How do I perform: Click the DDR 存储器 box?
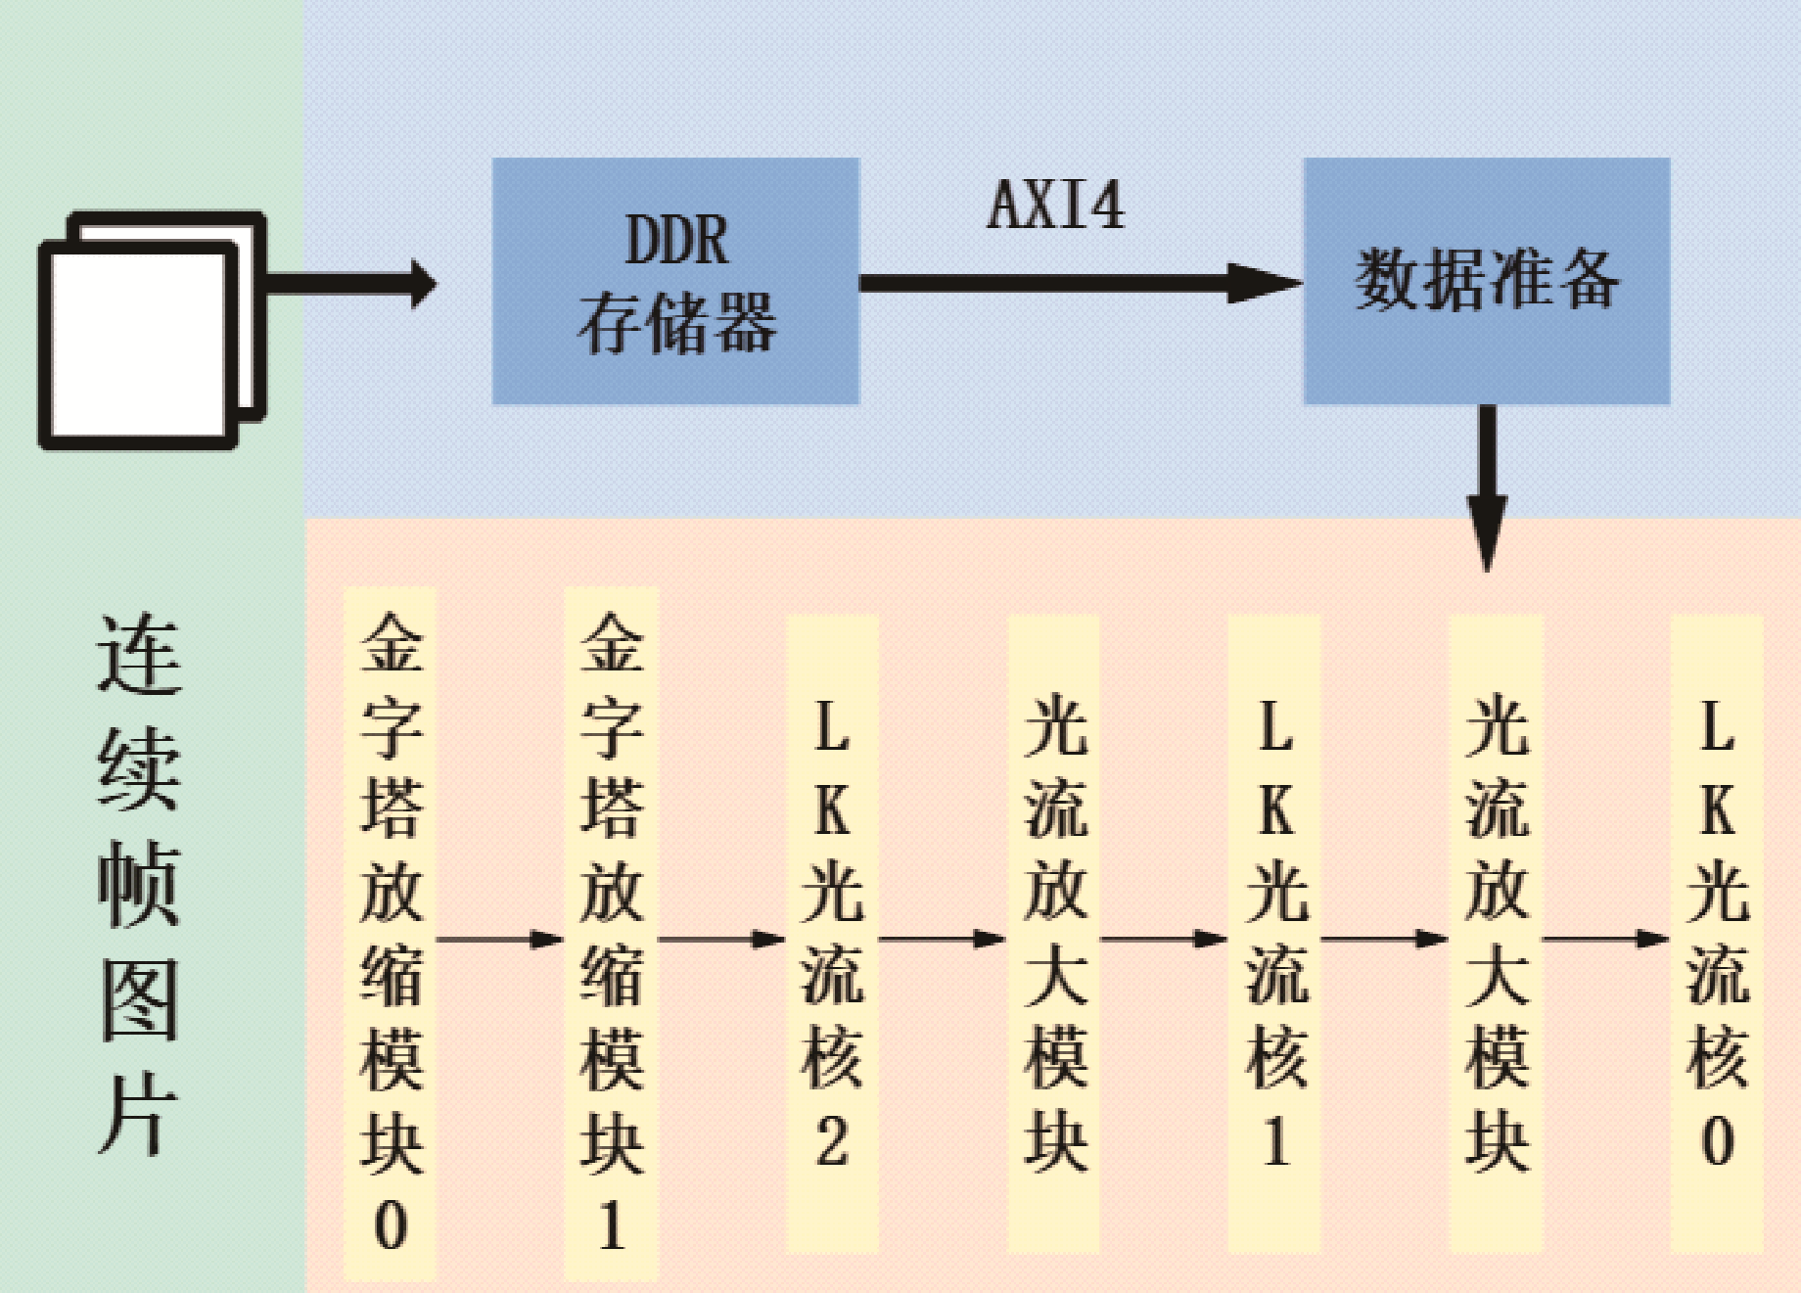[675, 281]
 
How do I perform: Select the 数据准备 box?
[1487, 281]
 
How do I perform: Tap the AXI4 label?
[1056, 206]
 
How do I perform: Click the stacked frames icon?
[152, 330]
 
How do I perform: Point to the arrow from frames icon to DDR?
[351, 284]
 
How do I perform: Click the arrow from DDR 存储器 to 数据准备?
[1082, 283]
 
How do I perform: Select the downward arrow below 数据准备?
[1487, 488]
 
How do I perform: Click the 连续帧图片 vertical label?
[139, 883]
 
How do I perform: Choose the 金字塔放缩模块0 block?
[390, 934]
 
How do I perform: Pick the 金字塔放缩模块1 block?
[611, 934]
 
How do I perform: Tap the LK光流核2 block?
[832, 934]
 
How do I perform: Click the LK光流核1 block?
[1274, 934]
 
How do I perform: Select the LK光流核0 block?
[1718, 934]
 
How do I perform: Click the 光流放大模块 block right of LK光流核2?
[1054, 934]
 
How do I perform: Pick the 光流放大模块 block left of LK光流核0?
[1497, 934]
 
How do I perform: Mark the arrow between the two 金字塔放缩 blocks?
[499, 940]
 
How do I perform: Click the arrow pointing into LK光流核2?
[721, 940]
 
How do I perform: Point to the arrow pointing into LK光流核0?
[1606, 940]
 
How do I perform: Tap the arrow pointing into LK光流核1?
[1164, 940]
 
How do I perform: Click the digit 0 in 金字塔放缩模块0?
[391, 1224]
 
